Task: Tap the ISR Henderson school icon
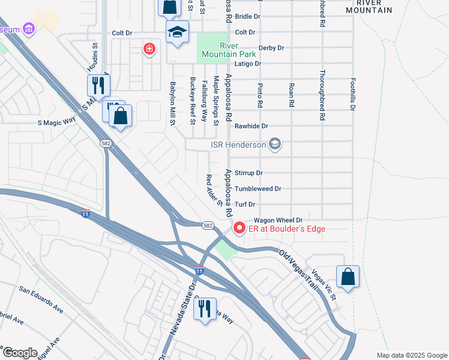click(x=275, y=144)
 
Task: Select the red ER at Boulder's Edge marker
click(x=239, y=228)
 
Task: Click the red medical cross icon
click(x=148, y=49)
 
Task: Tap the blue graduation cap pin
click(x=177, y=33)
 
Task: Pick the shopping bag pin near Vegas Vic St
click(x=348, y=277)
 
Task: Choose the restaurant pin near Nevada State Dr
click(x=205, y=309)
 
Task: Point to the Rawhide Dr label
click(x=251, y=126)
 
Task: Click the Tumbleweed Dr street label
click(x=258, y=188)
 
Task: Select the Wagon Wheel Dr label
click(x=277, y=220)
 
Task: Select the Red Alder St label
click(x=214, y=190)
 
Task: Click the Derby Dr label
click(x=271, y=47)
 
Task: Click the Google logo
click(x=19, y=353)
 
